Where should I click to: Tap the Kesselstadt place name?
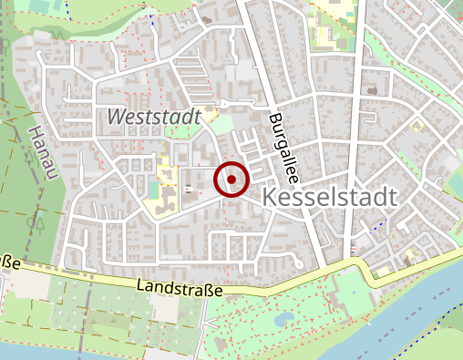click(330, 198)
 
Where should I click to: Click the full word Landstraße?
click(179, 287)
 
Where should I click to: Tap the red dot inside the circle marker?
click(231, 180)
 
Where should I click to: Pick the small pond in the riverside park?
click(280, 319)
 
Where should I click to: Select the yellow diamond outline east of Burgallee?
click(417, 125)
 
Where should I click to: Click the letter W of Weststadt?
click(116, 117)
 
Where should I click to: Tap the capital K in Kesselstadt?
click(270, 198)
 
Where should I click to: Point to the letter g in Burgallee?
click(278, 129)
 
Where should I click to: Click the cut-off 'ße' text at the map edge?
click(10, 263)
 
